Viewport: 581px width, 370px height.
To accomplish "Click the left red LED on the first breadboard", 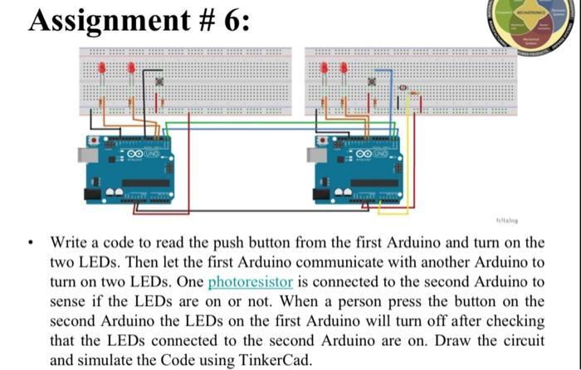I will (101, 68).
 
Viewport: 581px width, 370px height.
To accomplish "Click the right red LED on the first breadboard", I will (131, 69).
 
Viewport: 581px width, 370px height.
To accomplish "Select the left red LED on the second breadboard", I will (324, 68).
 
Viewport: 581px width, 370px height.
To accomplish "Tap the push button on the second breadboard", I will (373, 82).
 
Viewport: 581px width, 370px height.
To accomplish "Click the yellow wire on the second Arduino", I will (406, 166).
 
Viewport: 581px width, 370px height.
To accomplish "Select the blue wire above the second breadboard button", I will (383, 70).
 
